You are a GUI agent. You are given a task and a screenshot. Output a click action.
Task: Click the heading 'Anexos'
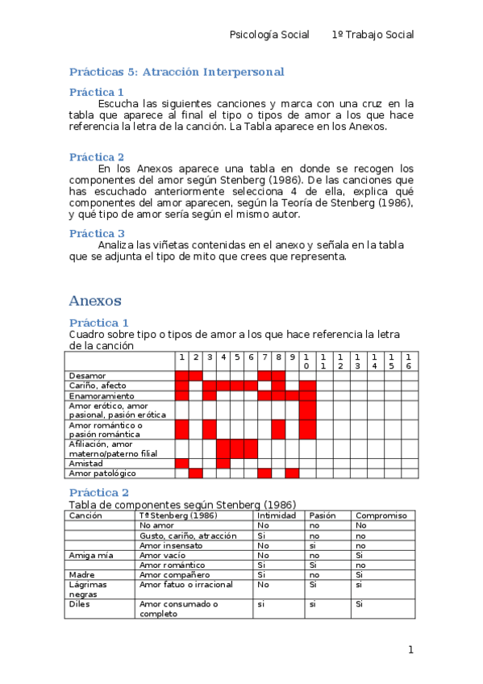(95, 301)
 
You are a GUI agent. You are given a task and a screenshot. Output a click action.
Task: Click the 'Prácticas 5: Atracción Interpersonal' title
(177, 72)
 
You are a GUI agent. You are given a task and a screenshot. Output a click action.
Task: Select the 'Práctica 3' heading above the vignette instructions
(97, 233)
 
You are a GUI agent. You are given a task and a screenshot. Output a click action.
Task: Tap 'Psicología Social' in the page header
(269, 35)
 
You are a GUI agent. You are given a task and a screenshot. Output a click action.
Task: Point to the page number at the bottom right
(410, 649)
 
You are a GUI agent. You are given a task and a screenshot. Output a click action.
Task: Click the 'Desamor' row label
(87, 375)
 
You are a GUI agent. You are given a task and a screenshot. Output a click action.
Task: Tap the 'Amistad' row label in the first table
(86, 464)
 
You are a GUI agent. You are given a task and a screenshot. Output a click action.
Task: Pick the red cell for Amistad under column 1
(182, 464)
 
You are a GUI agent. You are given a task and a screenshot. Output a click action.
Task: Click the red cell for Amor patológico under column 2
(196, 473)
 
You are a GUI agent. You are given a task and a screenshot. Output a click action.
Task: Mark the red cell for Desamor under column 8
(278, 375)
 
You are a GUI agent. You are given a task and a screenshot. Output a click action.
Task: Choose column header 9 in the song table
(292, 357)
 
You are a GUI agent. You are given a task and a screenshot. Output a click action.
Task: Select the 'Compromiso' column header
(381, 515)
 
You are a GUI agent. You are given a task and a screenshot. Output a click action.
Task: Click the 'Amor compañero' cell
(175, 574)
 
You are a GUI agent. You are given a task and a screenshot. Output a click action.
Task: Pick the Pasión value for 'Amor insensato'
(314, 545)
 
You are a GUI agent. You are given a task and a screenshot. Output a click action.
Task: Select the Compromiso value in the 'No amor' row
(361, 525)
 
